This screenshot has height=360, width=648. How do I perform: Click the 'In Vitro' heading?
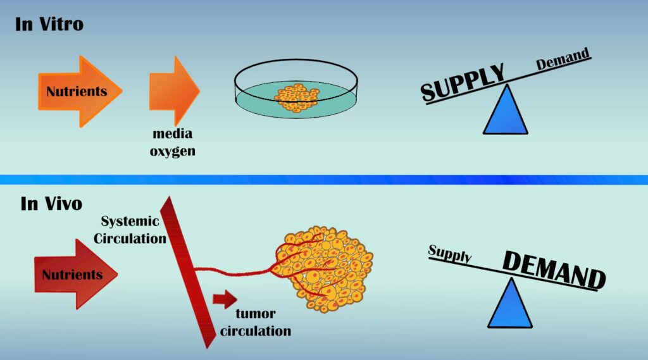click(x=49, y=25)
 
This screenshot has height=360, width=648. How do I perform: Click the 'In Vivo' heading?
click(x=51, y=204)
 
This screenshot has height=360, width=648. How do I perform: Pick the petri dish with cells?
click(x=296, y=92)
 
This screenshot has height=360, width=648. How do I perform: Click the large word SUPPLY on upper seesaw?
click(x=463, y=82)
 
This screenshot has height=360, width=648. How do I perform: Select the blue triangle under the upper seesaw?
click(x=506, y=112)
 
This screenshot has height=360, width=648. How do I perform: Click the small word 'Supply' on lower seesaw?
click(x=450, y=254)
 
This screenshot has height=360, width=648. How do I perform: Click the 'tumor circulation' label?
click(x=261, y=323)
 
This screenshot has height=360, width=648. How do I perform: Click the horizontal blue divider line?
click(x=324, y=180)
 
